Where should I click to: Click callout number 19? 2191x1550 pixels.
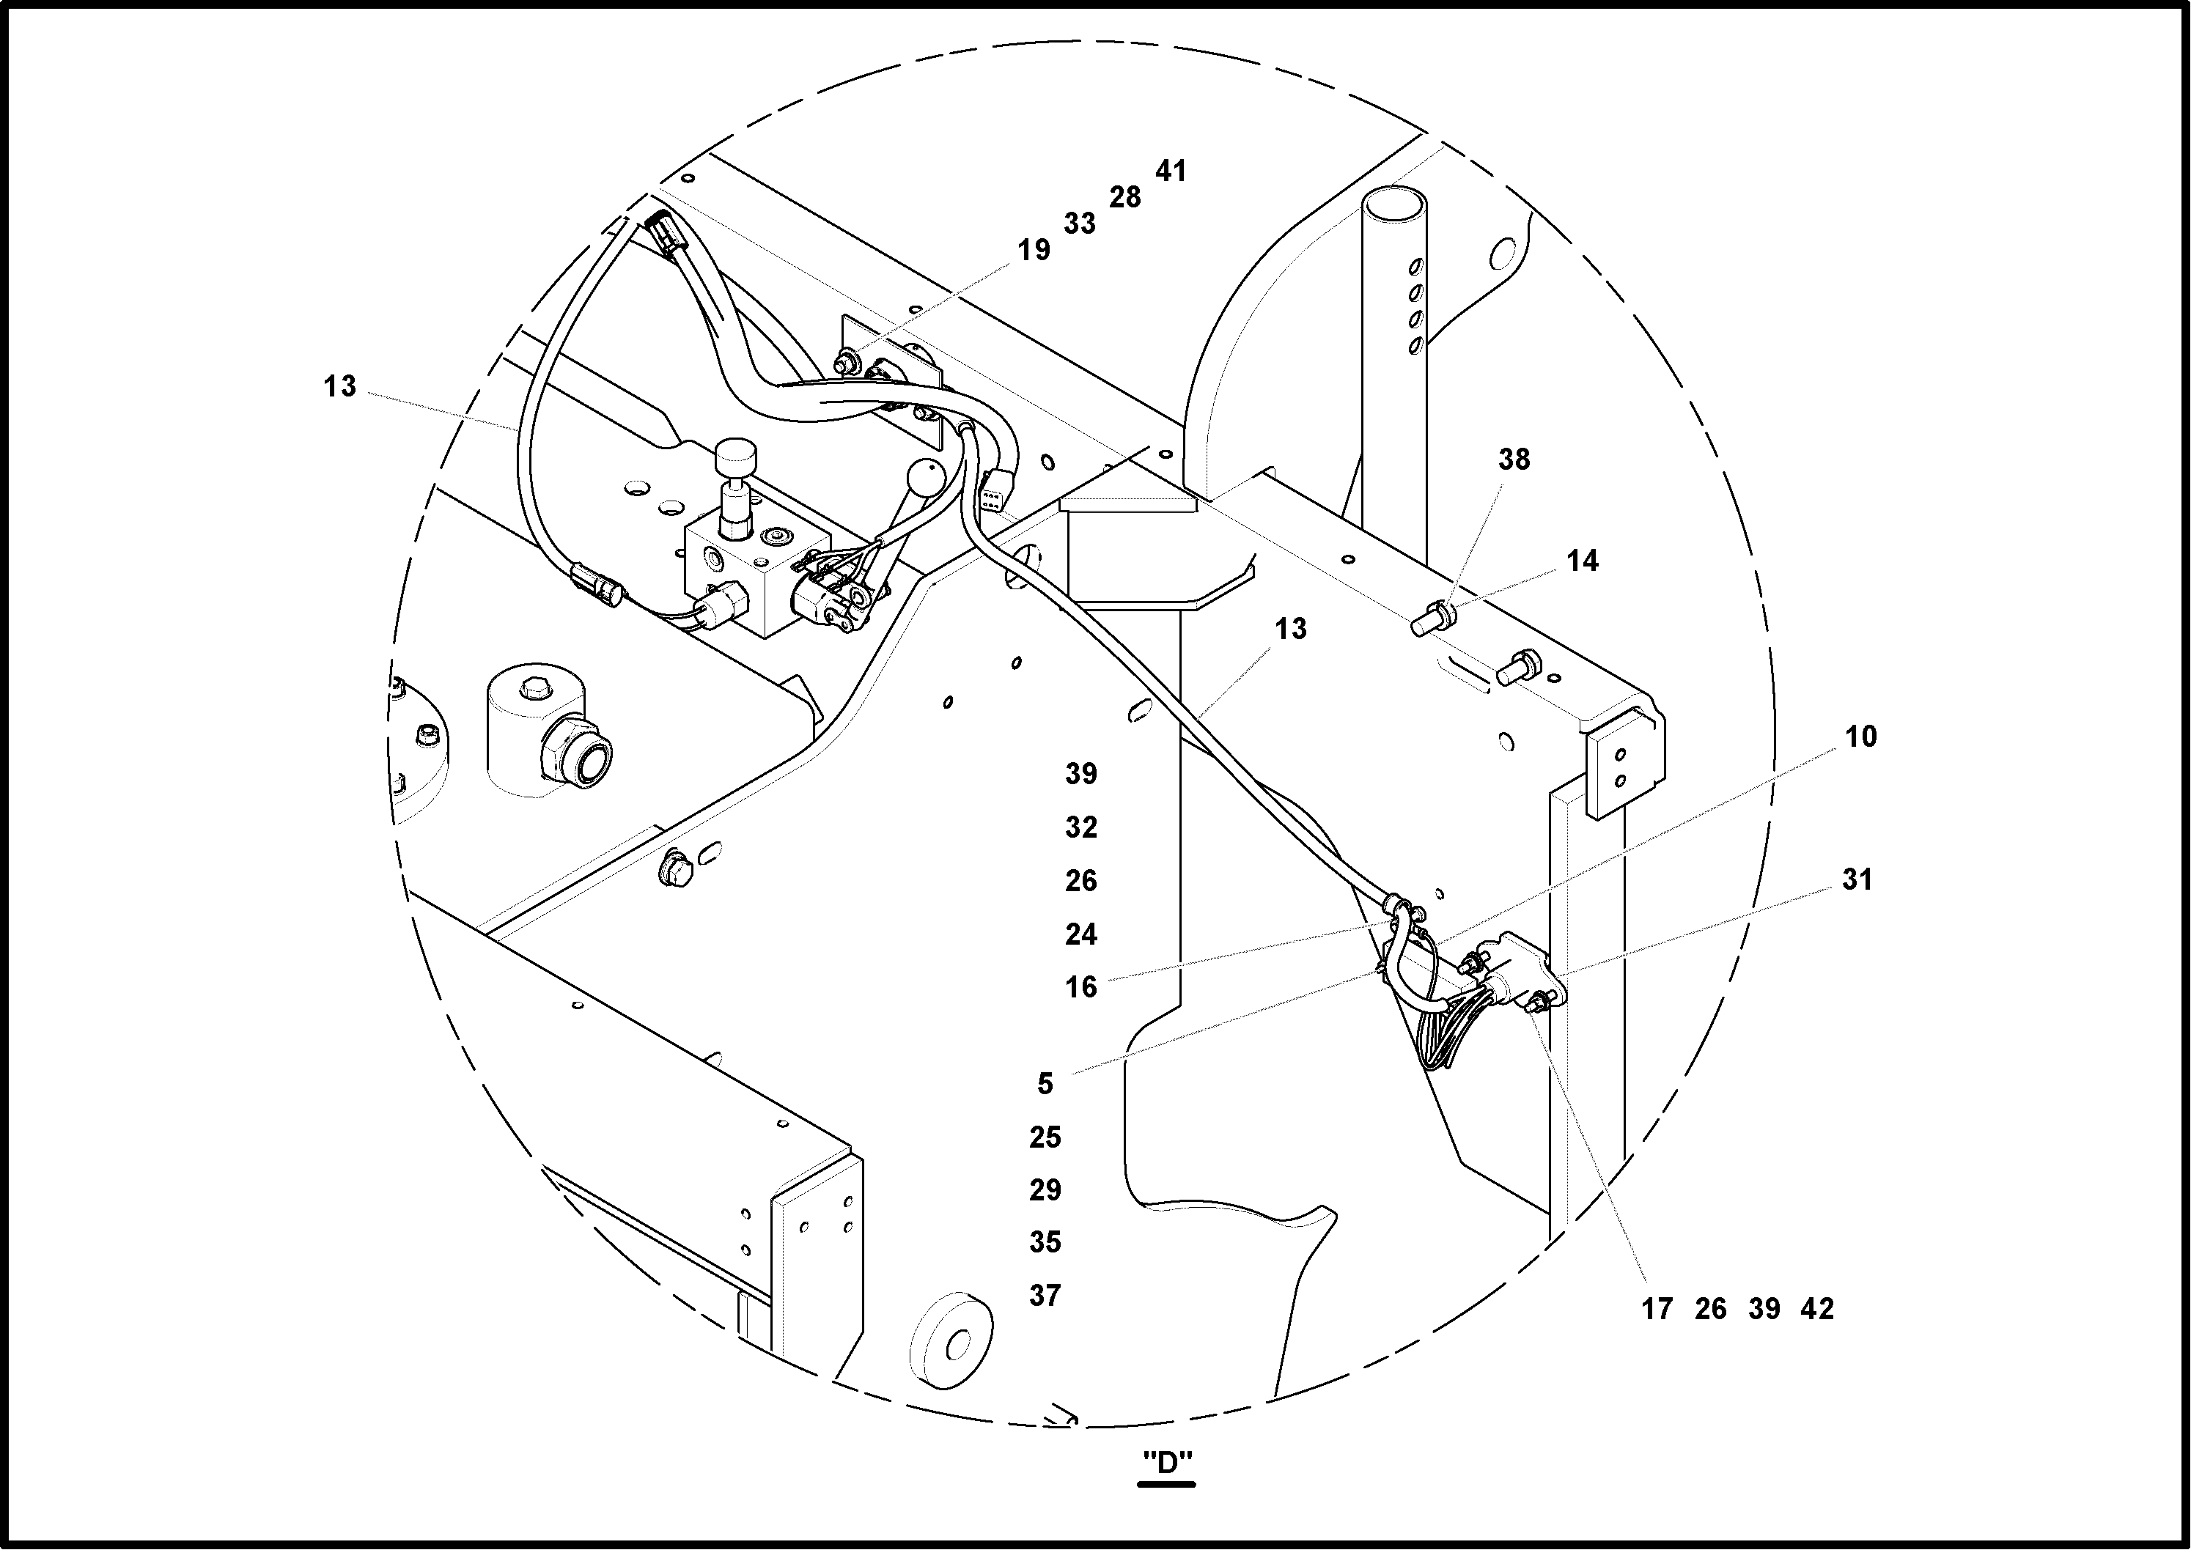(1033, 250)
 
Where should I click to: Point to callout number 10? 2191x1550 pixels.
(1860, 736)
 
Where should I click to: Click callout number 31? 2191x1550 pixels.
(1857, 879)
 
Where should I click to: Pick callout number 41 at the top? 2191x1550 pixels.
(1171, 171)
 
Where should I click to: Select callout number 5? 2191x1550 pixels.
(1045, 1083)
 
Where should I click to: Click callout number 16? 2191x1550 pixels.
(1080, 987)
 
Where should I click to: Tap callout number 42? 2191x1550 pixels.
(1816, 1309)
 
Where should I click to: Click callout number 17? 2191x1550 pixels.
(1657, 1309)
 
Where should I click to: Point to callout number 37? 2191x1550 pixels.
(1045, 1295)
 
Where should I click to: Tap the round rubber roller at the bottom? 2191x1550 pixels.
(951, 1338)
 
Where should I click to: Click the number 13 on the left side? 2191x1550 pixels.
(339, 386)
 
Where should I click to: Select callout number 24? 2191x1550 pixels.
(1080, 934)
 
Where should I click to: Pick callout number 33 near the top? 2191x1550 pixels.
(1079, 224)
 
